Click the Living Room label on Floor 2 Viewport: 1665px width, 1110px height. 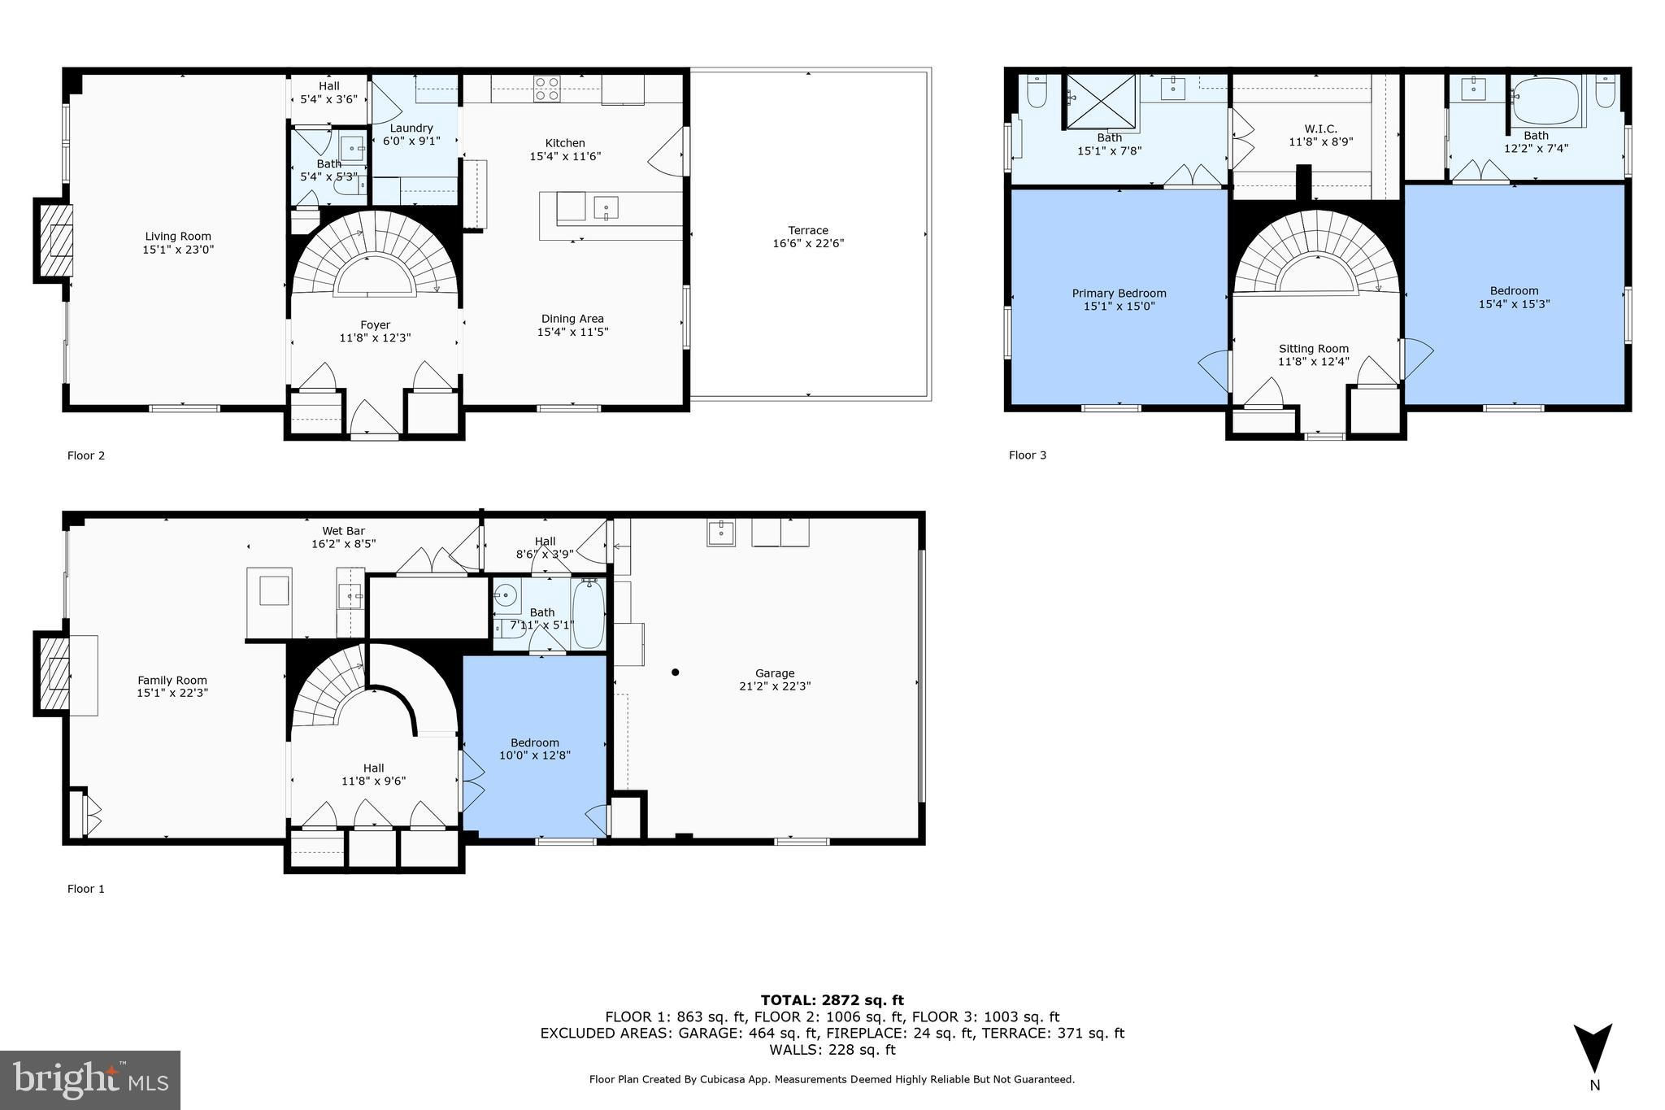coord(178,237)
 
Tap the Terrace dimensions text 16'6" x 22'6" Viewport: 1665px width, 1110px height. coord(808,243)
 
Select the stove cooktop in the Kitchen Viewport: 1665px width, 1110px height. coord(547,89)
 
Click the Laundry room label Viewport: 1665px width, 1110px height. coord(411,128)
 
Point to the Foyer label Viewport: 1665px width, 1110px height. coord(376,324)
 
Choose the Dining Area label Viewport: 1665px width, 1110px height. coord(573,319)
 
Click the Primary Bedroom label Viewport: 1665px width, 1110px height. coord(1119,294)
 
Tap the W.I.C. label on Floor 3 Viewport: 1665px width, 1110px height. coord(1321,128)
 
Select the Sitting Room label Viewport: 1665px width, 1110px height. coord(1314,349)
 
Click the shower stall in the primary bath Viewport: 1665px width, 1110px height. coord(1102,102)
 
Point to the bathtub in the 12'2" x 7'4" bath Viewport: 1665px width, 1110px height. coord(1545,102)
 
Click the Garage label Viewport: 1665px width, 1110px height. coord(775,673)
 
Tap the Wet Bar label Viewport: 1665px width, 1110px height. coord(344,531)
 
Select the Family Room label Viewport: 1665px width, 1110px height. coord(172,681)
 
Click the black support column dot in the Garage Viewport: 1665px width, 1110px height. coord(675,673)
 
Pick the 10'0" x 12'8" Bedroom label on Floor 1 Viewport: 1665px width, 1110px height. coord(535,742)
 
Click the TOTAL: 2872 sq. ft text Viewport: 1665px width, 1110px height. coord(832,1000)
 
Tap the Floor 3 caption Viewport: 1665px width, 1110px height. coord(1028,455)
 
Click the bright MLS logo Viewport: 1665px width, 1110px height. coord(90,1080)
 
